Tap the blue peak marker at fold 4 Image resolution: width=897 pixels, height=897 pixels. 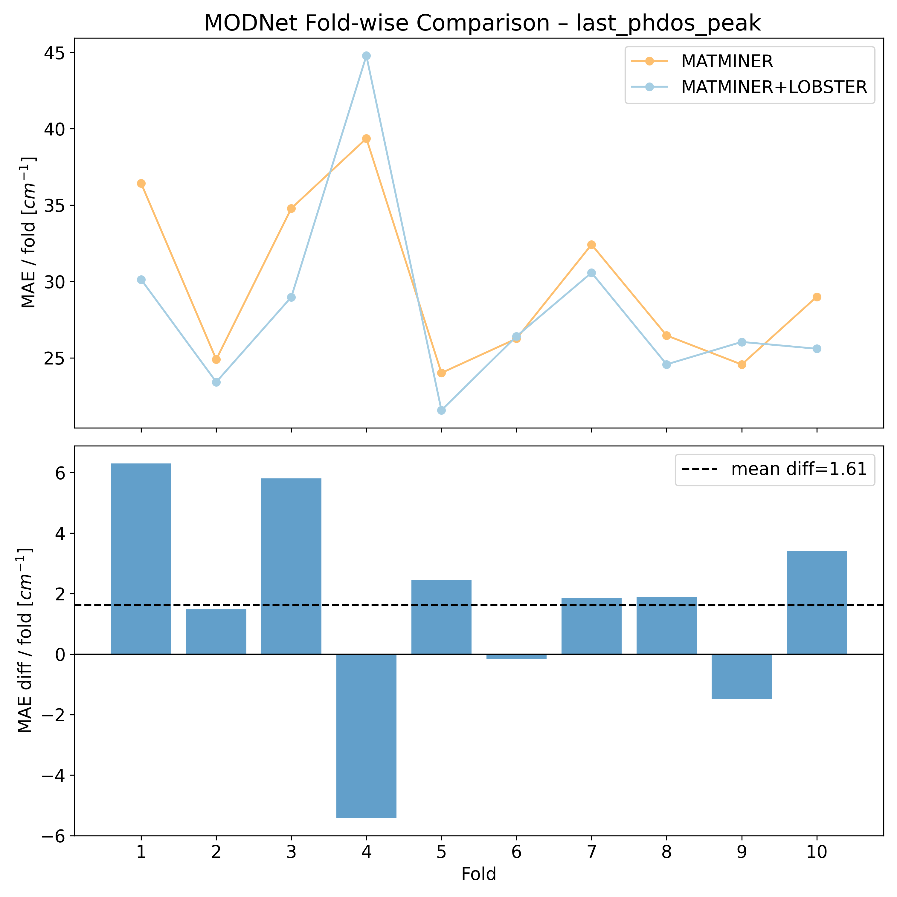(x=366, y=56)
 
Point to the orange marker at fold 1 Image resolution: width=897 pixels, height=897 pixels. (x=141, y=183)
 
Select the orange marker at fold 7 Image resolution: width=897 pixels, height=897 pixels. (x=591, y=245)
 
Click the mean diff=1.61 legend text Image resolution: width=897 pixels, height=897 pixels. (x=799, y=469)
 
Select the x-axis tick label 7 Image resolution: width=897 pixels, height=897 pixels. (x=591, y=852)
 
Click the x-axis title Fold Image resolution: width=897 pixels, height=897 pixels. (x=479, y=874)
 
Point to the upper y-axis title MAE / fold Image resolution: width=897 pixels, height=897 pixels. (x=29, y=232)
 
